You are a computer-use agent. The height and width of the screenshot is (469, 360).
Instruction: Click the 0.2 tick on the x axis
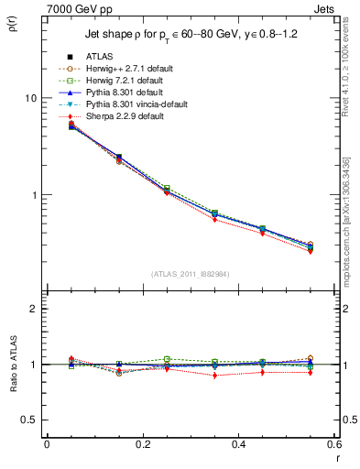click(142, 444)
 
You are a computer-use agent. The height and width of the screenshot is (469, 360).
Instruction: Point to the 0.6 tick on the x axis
click(334, 444)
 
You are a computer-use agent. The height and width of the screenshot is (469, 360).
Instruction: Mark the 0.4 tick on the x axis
click(238, 444)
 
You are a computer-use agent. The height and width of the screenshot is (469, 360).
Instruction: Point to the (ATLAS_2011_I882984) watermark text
click(190, 273)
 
